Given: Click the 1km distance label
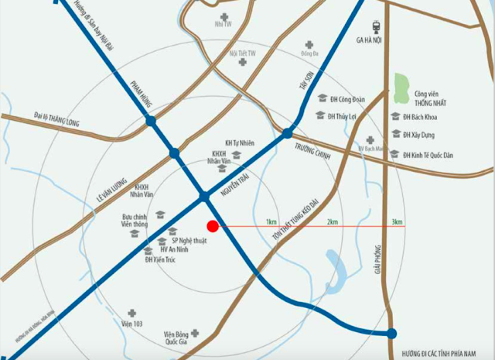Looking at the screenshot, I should click(271, 222).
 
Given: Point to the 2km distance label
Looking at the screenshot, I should click(332, 222).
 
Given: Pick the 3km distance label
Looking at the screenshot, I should click(397, 222).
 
